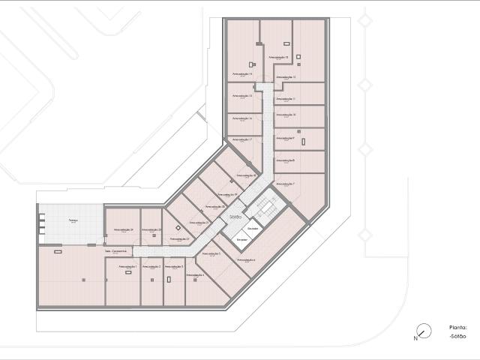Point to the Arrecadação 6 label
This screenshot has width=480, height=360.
[x=246, y=259]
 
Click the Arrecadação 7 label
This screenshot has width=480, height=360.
[x=284, y=184]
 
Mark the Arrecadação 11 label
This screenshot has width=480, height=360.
[x=285, y=98]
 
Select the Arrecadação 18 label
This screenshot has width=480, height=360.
[x=247, y=175]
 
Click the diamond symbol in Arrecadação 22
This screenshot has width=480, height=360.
[x=178, y=227]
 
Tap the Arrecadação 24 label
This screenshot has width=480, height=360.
[x=124, y=229]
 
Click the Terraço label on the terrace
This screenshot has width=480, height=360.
[x=73, y=220]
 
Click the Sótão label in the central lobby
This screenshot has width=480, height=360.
[x=235, y=217]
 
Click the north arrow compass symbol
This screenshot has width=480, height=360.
[x=424, y=329]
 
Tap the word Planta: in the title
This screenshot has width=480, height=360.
[x=457, y=327]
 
